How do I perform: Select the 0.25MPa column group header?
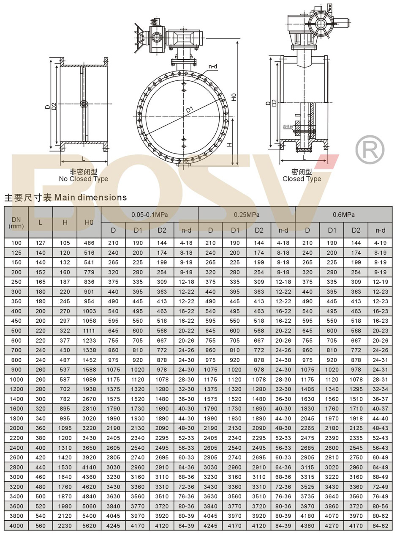247,214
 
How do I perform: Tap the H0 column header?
89,223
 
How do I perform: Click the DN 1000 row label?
16,379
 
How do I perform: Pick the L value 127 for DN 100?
41,243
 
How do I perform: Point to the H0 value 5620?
89,526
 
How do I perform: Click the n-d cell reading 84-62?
380,526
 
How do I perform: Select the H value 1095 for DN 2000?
65,429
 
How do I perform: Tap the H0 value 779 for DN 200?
89,272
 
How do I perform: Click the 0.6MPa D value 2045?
307,419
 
